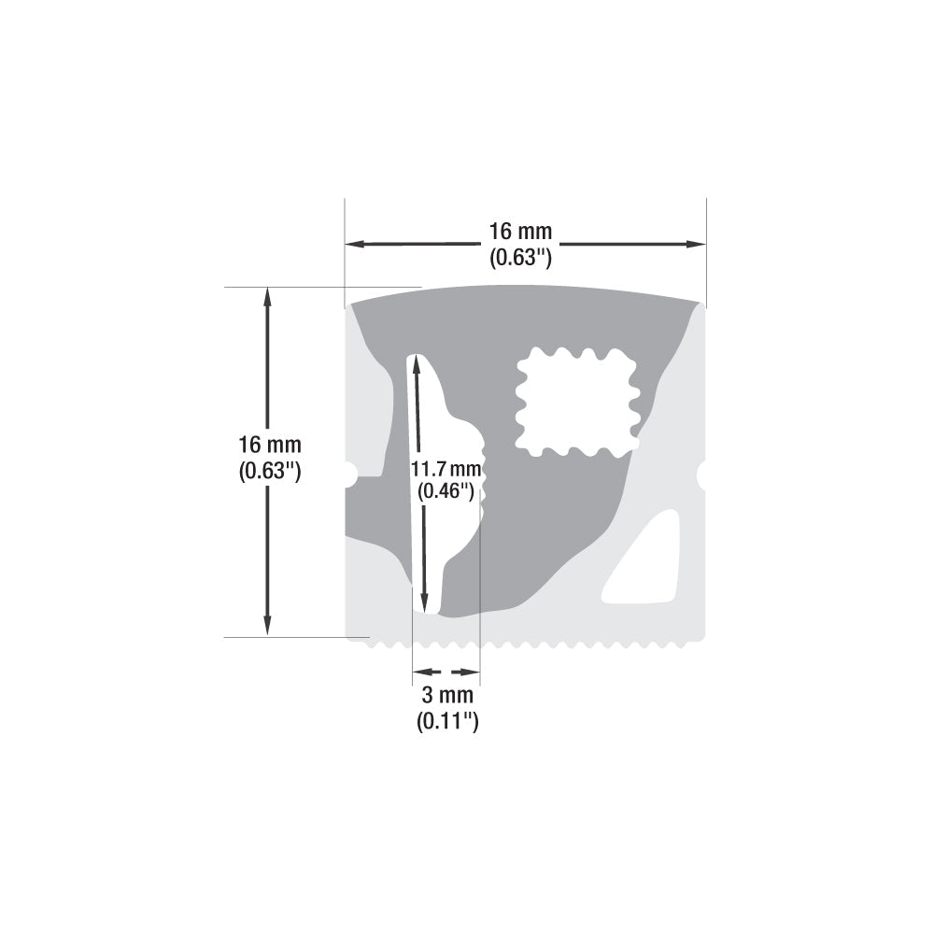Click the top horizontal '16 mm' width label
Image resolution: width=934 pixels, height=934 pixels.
pos(521,231)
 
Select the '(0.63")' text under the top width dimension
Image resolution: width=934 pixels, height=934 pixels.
pos(521,257)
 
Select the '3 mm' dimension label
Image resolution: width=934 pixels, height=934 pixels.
pos(447,696)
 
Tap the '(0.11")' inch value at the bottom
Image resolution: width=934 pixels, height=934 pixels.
pos(447,721)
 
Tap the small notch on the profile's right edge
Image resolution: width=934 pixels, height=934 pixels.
pos(701,474)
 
